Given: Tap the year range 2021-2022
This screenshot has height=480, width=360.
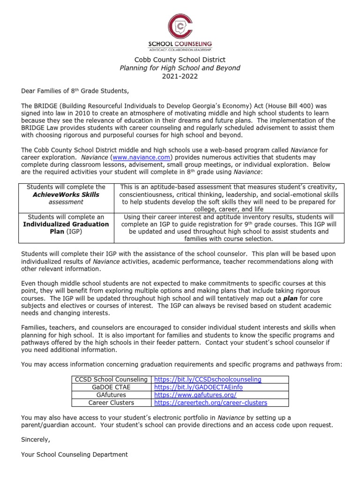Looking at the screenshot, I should click(180, 76).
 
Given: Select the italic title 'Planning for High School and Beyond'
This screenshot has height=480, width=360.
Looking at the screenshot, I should click(180, 68).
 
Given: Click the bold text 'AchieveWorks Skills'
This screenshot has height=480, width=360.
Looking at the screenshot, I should click(66, 195).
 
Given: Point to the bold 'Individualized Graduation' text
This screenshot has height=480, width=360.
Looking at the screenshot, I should click(66, 224).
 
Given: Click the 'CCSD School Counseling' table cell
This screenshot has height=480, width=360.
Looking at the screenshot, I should click(111, 379).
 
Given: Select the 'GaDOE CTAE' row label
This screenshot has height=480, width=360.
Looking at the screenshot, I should click(111, 387).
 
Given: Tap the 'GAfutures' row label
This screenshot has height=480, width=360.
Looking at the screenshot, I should click(111, 395).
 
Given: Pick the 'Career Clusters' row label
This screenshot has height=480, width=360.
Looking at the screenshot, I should click(111, 402).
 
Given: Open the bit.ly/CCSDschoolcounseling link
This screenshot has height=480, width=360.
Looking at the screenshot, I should click(208, 379).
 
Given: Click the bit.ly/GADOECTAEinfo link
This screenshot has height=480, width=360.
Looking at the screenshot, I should click(199, 387).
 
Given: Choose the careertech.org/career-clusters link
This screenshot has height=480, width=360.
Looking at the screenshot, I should click(210, 402).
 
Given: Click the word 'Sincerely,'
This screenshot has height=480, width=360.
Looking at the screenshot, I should click(36, 440).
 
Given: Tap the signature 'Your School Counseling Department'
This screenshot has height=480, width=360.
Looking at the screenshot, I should click(74, 454).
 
